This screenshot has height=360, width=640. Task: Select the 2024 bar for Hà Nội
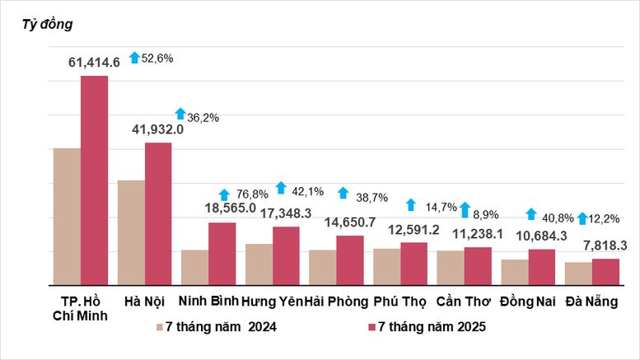(131, 232)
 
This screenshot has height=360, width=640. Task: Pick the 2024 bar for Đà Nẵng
(578, 274)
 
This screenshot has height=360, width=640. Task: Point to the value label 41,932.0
(153, 129)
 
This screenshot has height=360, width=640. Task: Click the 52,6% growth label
(158, 58)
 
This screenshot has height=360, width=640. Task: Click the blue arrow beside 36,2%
(180, 114)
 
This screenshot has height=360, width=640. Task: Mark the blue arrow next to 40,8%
(531, 213)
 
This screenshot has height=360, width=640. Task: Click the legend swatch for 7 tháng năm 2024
(160, 328)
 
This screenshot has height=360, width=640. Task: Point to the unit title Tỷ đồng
(47, 24)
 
